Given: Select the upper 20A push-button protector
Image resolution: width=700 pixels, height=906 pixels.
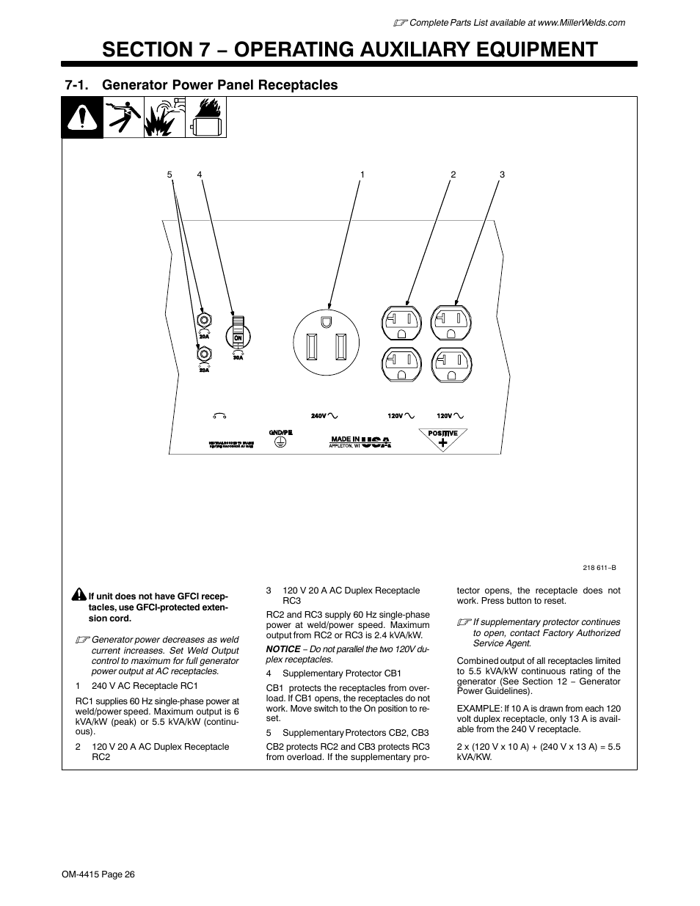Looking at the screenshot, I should tap(205, 320).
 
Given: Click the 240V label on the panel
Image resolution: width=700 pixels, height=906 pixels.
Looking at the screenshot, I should tap(318, 416).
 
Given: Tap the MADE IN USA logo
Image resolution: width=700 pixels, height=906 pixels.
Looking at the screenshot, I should tap(360, 442).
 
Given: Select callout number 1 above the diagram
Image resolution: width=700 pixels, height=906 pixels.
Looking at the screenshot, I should tap(362, 175).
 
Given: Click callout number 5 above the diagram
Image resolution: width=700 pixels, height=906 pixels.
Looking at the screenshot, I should tap(169, 175).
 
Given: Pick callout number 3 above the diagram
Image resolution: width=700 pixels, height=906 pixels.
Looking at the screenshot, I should tap(502, 175).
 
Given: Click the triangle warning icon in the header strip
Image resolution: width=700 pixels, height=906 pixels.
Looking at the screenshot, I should tap(81, 117).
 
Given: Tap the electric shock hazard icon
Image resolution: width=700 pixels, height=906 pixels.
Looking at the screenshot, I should tap(123, 117).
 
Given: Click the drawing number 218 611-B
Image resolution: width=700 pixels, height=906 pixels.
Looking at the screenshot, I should tap(599, 568).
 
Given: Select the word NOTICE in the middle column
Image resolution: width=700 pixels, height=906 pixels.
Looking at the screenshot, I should tap(282, 649).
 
